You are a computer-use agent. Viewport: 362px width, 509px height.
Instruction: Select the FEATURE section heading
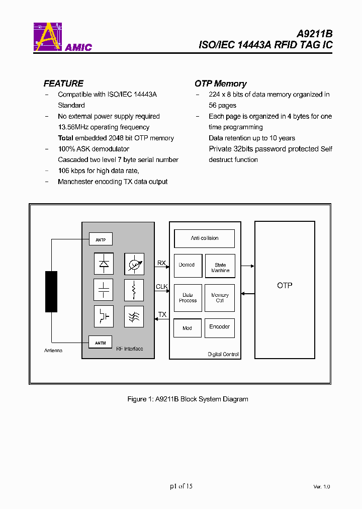(63, 83)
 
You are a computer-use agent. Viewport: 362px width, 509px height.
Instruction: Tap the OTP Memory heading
(220, 83)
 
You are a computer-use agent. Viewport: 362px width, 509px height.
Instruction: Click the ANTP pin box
(101, 239)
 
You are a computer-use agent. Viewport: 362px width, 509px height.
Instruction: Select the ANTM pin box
(101, 343)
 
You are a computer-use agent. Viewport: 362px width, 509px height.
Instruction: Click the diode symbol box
(104, 264)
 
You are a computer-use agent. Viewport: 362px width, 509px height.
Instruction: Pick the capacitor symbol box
(104, 290)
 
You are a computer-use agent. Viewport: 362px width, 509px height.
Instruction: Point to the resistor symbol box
(134, 290)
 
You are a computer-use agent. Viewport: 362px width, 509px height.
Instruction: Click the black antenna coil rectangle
(51, 292)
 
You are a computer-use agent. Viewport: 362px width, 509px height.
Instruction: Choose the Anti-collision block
(204, 238)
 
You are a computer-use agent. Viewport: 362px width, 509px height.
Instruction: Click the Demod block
(187, 265)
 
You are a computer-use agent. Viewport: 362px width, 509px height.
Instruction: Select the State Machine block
(220, 267)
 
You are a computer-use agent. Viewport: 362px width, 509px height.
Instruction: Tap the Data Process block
(188, 298)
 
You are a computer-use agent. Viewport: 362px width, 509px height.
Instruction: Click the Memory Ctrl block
(220, 298)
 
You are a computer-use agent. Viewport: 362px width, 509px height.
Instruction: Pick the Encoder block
(220, 327)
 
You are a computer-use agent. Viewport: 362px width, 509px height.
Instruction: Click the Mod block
(187, 328)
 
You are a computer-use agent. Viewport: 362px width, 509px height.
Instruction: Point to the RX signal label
(161, 263)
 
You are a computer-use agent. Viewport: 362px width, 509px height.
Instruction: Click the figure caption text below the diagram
(188, 399)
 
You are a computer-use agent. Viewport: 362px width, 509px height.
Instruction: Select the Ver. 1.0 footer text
(321, 486)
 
